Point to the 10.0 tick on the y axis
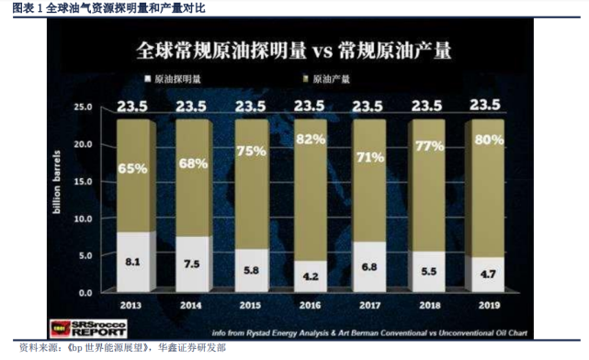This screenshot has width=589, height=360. pyautogui.click(x=84, y=219)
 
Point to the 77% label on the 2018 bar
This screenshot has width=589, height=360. pyautogui.click(x=428, y=146)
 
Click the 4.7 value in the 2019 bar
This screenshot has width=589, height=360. pyautogui.click(x=486, y=273)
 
